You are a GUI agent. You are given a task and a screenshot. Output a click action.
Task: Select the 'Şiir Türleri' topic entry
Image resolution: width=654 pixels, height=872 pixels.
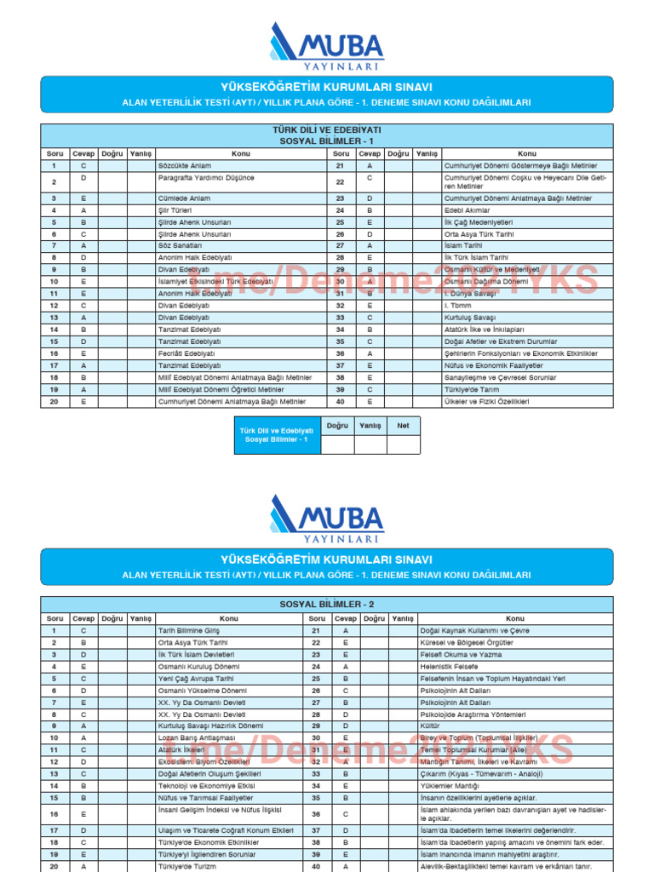(173, 209)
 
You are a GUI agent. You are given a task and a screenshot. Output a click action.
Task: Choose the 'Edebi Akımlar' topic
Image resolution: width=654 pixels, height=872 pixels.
(468, 209)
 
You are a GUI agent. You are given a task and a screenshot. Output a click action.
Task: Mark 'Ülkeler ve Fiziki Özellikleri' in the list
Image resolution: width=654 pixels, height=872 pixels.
(486, 401)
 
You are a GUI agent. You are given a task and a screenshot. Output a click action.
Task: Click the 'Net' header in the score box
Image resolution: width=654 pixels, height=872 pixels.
(404, 424)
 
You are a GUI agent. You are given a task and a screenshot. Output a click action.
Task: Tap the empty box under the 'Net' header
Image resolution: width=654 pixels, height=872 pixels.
(404, 444)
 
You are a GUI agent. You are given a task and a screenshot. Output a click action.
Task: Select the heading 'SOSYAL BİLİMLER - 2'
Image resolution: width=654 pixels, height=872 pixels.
(326, 604)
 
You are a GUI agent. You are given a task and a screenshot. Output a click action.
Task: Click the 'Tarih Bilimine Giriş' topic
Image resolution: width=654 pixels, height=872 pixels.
(189, 630)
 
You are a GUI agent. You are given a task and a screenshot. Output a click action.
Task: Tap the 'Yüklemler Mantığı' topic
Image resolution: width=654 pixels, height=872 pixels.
(451, 786)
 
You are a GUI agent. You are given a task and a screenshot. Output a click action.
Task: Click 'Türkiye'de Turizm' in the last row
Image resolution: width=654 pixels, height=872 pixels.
(189, 866)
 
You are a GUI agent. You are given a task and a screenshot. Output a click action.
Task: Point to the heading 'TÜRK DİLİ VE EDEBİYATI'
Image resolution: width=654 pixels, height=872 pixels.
(326, 129)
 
